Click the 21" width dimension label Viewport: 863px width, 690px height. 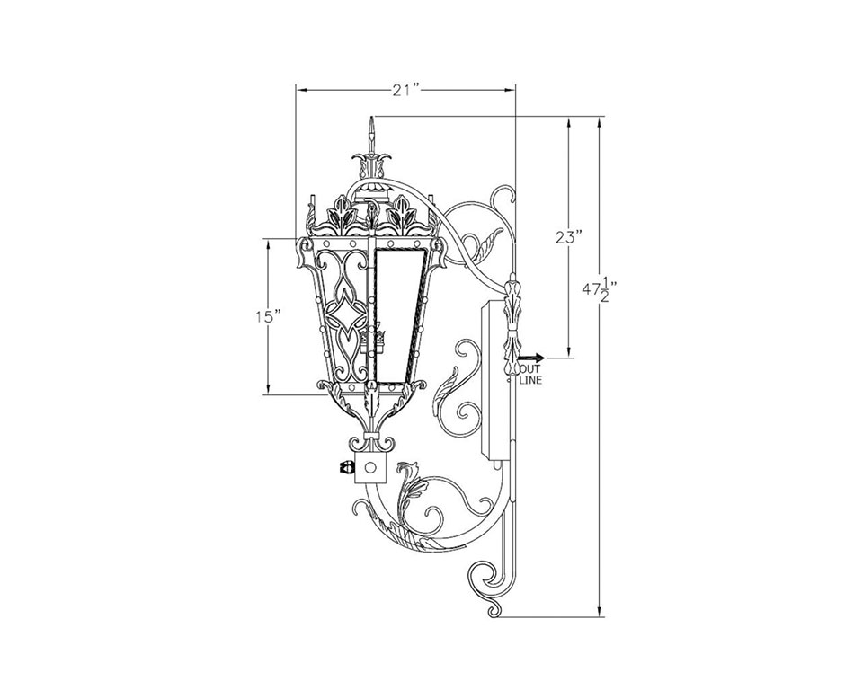(406, 90)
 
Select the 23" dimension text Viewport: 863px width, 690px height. (568, 238)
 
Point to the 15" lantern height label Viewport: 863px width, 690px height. (268, 316)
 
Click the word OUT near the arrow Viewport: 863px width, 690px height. (530, 369)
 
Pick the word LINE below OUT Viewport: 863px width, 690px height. (530, 380)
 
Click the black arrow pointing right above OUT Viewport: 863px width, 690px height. (530, 358)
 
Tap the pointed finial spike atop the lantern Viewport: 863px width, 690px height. (372, 135)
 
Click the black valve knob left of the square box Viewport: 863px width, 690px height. (348, 468)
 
